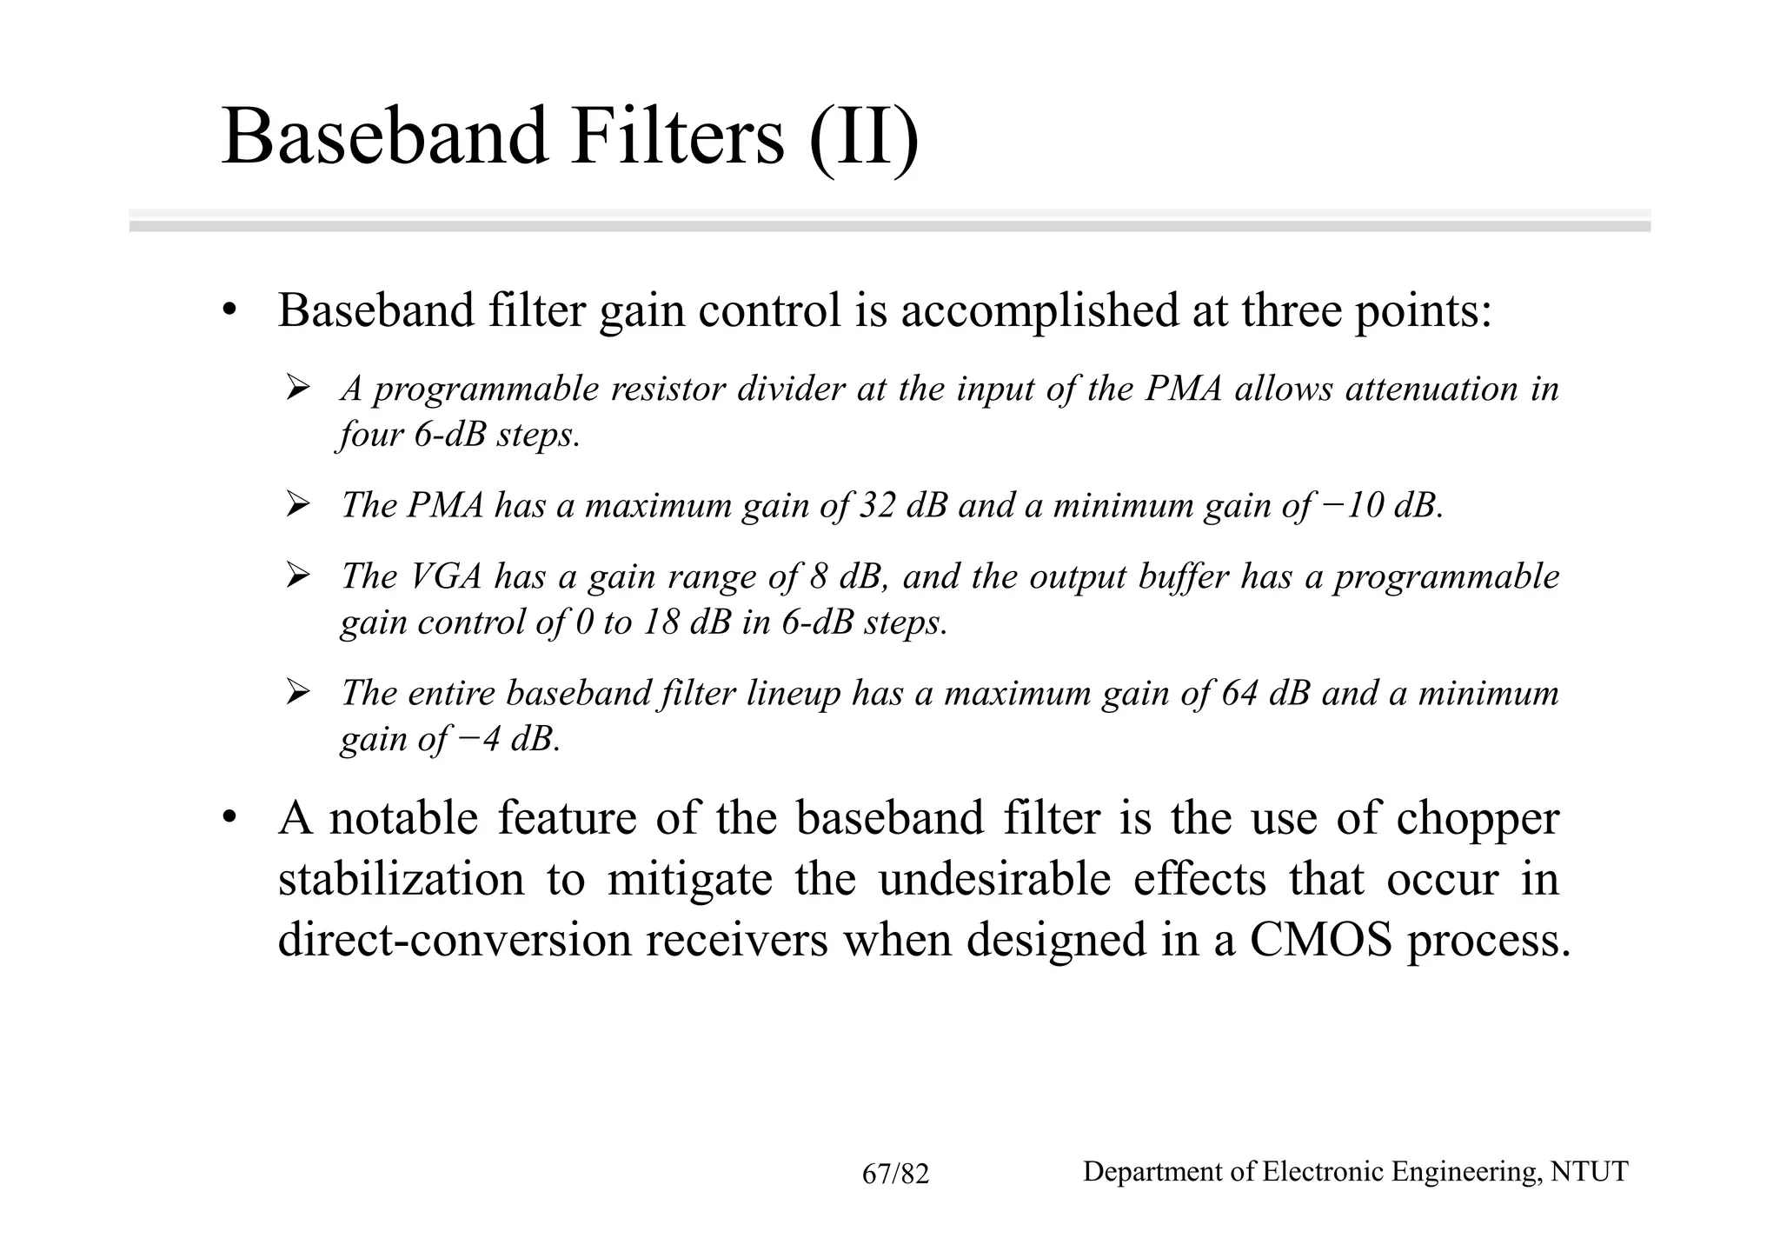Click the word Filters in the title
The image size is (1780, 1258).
click(677, 136)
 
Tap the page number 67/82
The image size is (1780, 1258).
click(895, 1175)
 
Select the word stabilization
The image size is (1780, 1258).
click(402, 879)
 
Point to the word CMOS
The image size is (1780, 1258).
click(1321, 940)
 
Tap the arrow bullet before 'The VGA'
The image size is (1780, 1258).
click(298, 576)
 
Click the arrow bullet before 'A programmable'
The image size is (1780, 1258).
click(298, 388)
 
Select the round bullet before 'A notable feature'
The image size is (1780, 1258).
click(229, 819)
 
